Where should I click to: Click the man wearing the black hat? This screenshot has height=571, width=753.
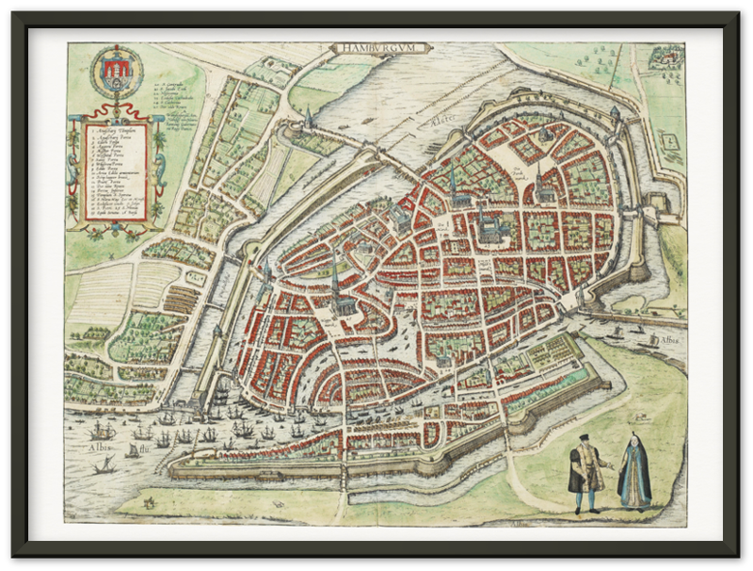pos(585,471)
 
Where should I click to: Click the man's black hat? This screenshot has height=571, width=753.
pos(584,438)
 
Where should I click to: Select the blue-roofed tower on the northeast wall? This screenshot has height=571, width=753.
pos(615,115)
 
